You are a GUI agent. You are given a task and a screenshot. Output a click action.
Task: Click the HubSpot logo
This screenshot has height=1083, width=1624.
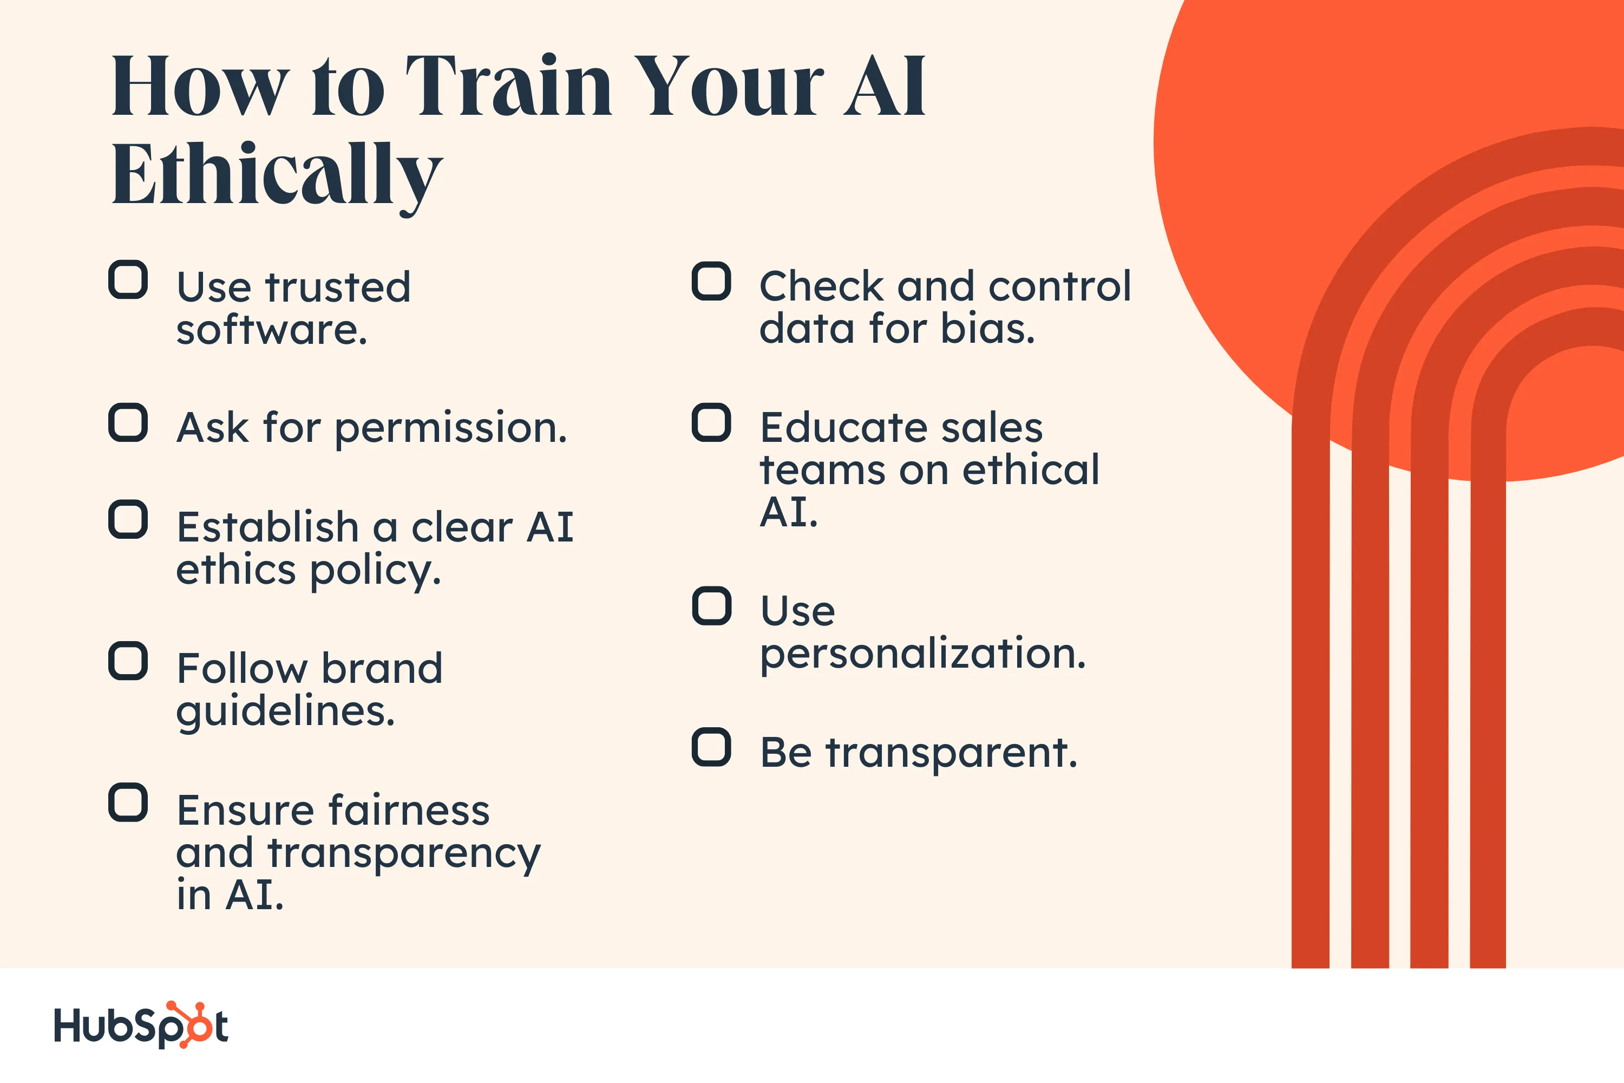coord(141,1025)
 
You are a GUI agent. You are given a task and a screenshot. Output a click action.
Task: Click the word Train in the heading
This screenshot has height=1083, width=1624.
coord(509,86)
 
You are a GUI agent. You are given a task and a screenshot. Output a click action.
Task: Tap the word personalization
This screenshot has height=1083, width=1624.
coord(922,655)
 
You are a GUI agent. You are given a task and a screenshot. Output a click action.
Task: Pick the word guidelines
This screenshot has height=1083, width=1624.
coord(285,712)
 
